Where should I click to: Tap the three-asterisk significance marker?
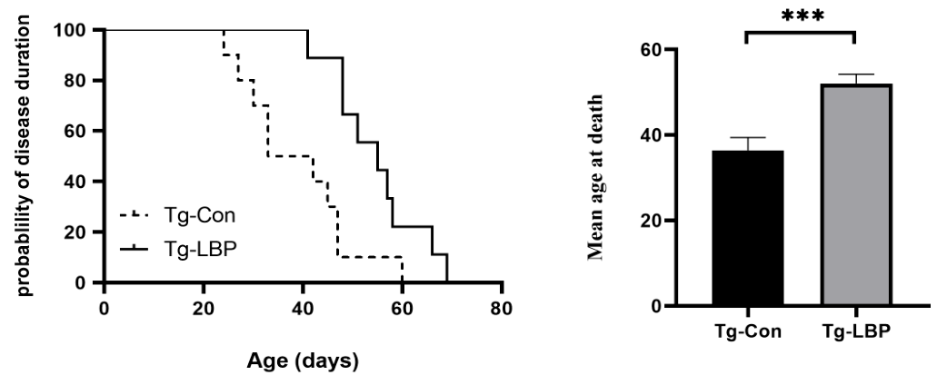pos(800,15)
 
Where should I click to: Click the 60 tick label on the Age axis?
pos(402,306)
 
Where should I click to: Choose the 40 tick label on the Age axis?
pos(303,306)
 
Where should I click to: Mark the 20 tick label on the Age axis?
pos(204,306)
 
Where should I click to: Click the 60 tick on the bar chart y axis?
pos(648,49)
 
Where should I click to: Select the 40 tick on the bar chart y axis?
pos(648,135)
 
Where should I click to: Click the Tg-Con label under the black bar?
pos(747,331)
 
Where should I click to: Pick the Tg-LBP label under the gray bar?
pos(855,331)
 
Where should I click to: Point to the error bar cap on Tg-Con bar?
pos(748,137)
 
